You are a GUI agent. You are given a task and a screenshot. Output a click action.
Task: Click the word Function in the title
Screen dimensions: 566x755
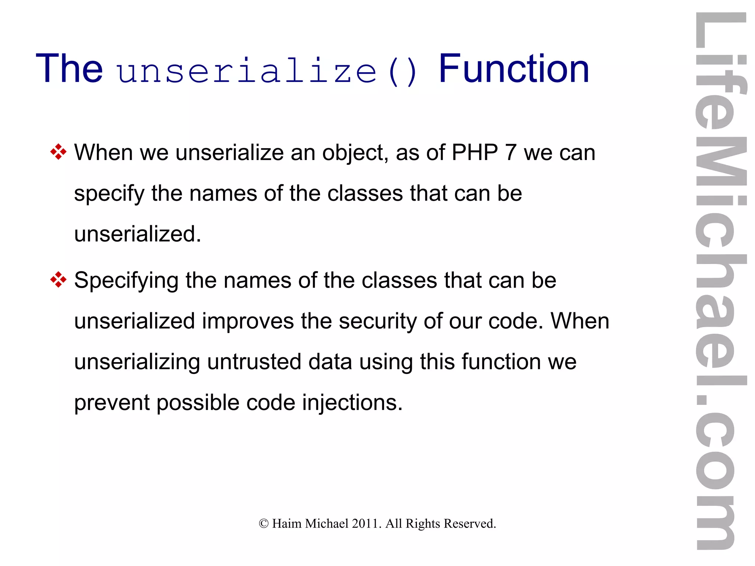click(514, 69)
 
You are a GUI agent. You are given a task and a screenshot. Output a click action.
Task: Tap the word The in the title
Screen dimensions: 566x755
click(69, 69)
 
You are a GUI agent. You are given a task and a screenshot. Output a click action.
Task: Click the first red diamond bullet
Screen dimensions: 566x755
click(58, 152)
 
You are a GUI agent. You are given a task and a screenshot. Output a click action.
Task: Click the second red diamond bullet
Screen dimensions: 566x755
click(58, 279)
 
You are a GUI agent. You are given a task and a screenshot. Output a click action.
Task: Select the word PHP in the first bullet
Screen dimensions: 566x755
click(474, 152)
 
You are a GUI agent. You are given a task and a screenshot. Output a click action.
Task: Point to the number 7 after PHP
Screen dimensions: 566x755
click(510, 152)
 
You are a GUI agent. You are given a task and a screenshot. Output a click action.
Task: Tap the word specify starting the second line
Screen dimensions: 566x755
click(109, 194)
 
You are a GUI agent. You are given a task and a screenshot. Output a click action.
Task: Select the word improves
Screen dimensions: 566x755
click(247, 322)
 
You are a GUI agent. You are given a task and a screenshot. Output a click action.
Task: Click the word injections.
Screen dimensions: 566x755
click(352, 403)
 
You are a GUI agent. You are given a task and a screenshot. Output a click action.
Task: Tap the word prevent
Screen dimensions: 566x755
click(112, 403)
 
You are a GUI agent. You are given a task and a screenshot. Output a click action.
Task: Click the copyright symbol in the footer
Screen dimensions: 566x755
click(264, 524)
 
